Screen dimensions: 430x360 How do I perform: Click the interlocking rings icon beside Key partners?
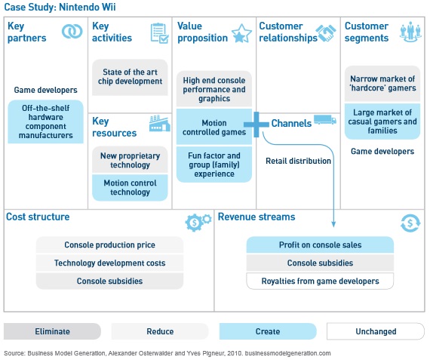72,32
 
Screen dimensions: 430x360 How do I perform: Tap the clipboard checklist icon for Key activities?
160,33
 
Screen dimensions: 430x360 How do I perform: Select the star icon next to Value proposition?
241,33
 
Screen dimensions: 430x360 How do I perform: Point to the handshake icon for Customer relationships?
326,32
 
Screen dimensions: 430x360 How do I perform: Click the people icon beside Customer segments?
410,32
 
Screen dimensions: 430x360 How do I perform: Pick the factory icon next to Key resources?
160,124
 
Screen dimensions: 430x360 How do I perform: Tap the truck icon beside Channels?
325,120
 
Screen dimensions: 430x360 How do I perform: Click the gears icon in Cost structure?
198,222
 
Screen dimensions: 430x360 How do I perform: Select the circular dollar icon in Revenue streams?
410,223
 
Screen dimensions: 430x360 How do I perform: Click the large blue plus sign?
256,125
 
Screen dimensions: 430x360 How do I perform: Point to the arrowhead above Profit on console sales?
333,224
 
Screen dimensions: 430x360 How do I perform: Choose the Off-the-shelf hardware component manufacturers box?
45,122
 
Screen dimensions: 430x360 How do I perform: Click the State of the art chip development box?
130,77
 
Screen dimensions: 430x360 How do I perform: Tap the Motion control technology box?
130,188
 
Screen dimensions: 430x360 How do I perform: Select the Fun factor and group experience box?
214,165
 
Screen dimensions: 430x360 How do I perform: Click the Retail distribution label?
299,161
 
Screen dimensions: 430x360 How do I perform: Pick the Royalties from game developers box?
320,281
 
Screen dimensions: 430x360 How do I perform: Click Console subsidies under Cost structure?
109,281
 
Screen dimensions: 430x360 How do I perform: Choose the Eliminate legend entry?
52,331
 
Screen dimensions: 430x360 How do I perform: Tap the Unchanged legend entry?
376,331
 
